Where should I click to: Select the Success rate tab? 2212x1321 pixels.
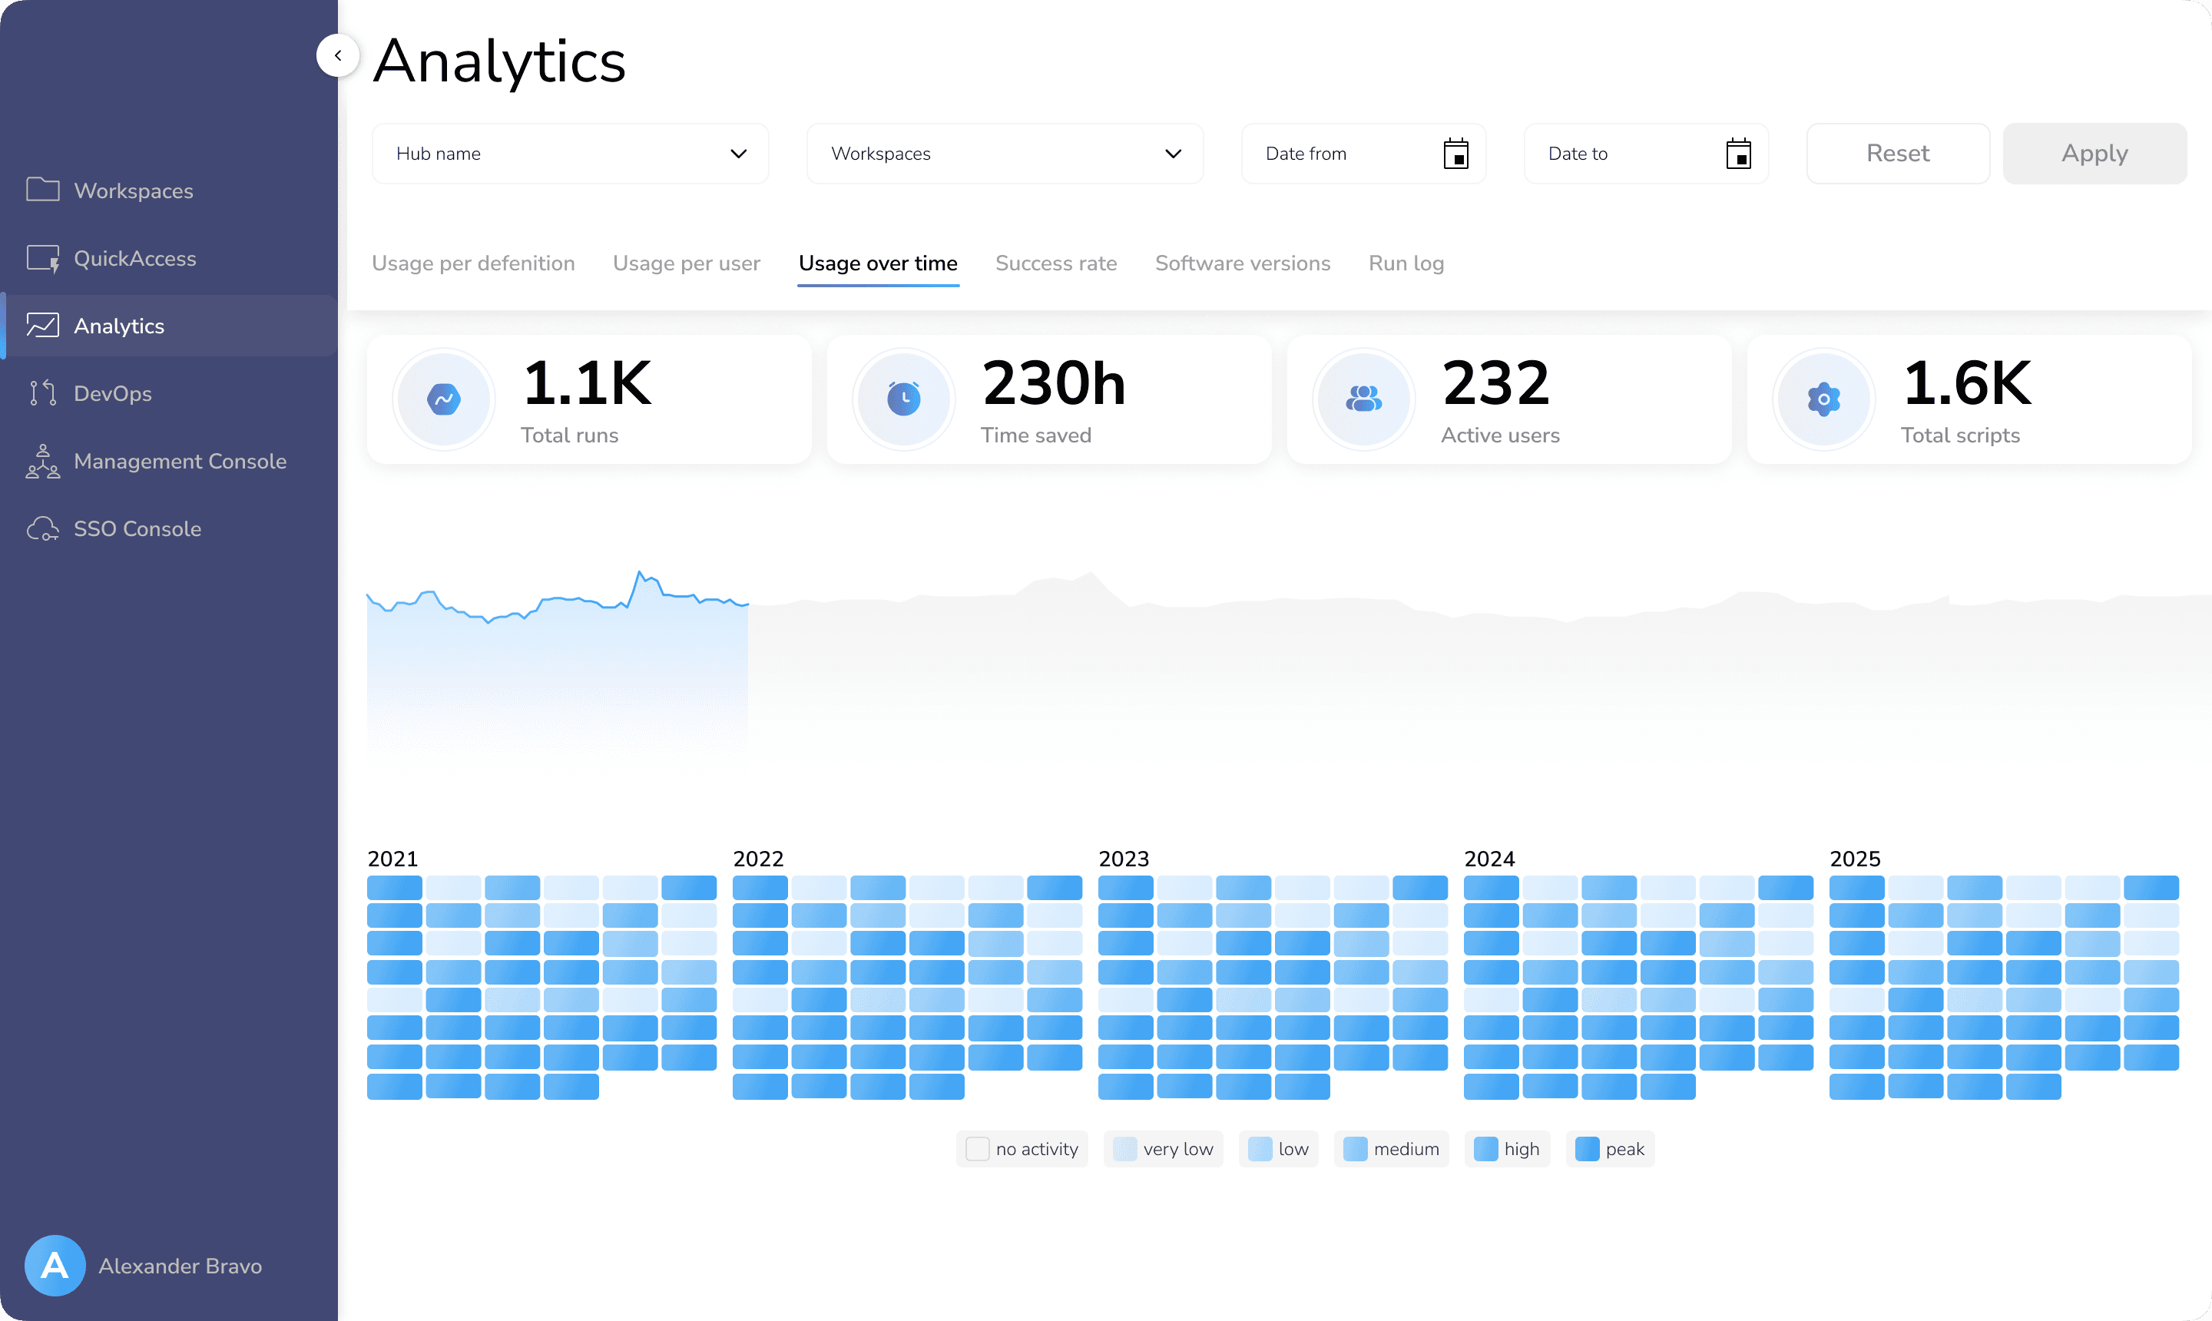[x=1056, y=263]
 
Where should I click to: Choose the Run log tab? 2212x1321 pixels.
[x=1406, y=263]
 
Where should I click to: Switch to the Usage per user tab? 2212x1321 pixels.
[x=687, y=263]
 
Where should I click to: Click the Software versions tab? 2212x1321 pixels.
[x=1243, y=263]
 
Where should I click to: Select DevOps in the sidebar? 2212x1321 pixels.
[x=112, y=393]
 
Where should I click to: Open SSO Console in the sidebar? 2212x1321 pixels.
[x=137, y=528]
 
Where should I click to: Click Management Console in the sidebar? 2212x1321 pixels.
[x=180, y=461]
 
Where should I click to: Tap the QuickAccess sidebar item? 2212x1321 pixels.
[x=134, y=258]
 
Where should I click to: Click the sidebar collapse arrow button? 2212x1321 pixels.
[x=338, y=55]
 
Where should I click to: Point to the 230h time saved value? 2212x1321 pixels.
[x=1054, y=384]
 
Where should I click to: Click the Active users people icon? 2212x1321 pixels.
[x=1364, y=399]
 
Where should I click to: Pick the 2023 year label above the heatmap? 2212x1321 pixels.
[x=1124, y=858]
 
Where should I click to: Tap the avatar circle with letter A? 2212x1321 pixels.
[x=55, y=1265]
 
